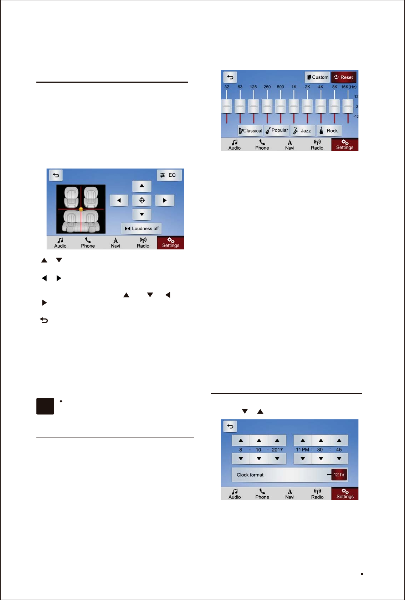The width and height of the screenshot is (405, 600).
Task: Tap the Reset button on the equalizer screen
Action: (x=344, y=77)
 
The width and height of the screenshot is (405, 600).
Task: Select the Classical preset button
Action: (x=250, y=131)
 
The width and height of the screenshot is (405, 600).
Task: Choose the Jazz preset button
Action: (x=303, y=131)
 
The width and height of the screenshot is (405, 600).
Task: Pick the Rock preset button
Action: (x=329, y=131)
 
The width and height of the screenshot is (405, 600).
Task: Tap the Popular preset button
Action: (x=277, y=130)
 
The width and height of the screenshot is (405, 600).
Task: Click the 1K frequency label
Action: (x=294, y=87)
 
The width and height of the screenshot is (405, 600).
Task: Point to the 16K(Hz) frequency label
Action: (x=348, y=87)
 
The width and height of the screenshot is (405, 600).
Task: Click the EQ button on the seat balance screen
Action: (x=169, y=175)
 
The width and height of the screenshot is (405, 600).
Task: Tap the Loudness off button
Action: (x=142, y=228)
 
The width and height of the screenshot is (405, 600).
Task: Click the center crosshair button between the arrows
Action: (x=142, y=200)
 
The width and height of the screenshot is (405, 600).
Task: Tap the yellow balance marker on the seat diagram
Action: (x=81, y=209)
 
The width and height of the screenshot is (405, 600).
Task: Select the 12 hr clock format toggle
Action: (x=339, y=475)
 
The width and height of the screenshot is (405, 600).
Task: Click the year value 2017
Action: (x=277, y=450)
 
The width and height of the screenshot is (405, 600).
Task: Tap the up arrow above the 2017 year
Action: (x=277, y=441)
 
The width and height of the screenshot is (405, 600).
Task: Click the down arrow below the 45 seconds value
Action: (x=339, y=459)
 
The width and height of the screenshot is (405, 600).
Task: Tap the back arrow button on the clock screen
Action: (x=230, y=426)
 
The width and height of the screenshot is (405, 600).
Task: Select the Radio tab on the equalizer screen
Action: (x=317, y=145)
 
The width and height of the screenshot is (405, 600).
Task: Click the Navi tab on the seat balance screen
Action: (x=116, y=243)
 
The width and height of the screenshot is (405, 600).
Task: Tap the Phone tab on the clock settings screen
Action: (x=262, y=494)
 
